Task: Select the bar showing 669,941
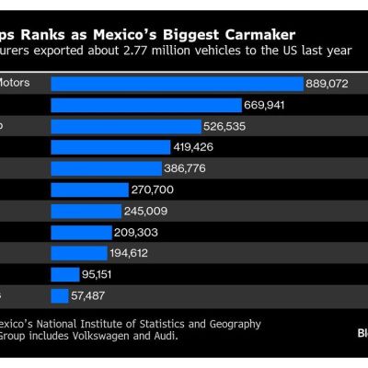tap(145, 105)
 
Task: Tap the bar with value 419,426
tap(110, 147)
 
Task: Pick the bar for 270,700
tap(89, 190)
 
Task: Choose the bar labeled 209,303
tap(80, 232)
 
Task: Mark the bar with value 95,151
tap(64, 274)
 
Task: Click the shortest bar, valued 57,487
tap(60, 295)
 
